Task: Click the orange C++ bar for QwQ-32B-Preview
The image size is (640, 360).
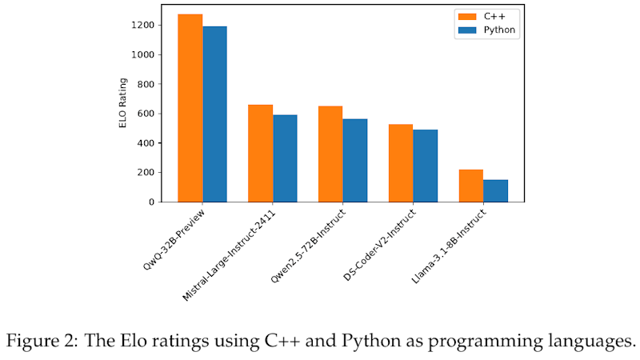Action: [x=190, y=108]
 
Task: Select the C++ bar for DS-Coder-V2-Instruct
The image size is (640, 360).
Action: [x=401, y=163]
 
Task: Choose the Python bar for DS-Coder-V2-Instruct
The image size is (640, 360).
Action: [x=426, y=166]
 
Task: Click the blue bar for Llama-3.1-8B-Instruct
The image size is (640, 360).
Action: [x=496, y=190]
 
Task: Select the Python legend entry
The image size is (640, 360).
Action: [x=487, y=30]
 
